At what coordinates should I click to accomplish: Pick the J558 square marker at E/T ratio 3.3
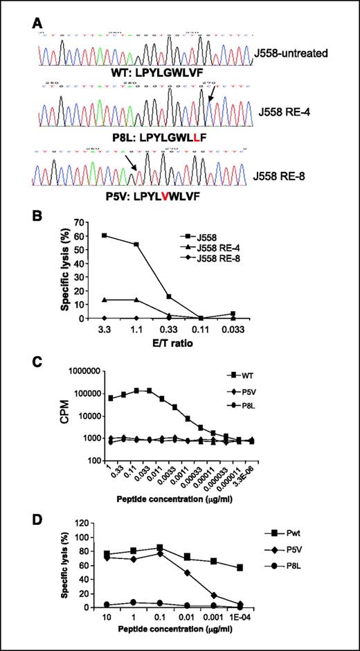point(105,235)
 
